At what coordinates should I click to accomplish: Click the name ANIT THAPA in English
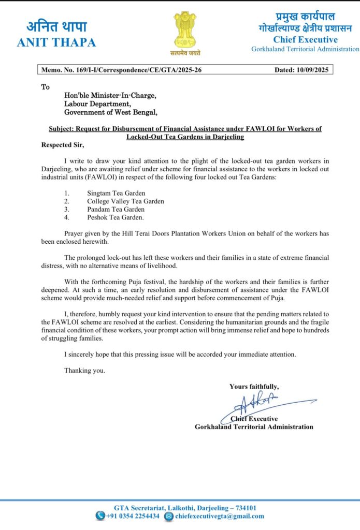click(56, 43)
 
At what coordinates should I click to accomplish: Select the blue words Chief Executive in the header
click(305, 40)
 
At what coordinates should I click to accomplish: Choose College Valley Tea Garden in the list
click(125, 201)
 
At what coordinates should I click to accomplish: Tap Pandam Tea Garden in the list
click(116, 209)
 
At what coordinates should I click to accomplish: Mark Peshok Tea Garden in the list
click(116, 217)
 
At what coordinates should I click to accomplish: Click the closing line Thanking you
click(84, 371)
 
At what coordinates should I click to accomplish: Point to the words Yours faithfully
click(254, 386)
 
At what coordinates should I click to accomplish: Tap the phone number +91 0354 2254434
click(133, 516)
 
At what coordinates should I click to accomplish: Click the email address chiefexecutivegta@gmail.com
click(220, 516)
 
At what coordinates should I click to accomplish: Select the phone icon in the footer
click(100, 516)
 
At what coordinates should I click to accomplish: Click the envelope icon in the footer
click(168, 516)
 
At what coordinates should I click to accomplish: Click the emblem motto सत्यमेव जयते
click(184, 52)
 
